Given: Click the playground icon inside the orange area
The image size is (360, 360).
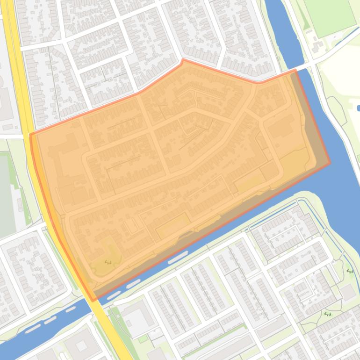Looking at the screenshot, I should coord(108,262).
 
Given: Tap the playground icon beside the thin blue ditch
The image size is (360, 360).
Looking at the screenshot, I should coord(350,271).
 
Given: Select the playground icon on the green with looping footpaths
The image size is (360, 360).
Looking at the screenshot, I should coord(328,314).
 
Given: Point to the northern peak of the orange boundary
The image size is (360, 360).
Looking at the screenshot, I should coord(183,60).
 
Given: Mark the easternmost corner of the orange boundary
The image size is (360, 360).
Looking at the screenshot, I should coord(330,163).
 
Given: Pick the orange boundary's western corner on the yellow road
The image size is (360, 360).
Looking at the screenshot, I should coord(31,135).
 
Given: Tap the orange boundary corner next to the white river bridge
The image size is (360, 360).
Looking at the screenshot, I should coord(295,70).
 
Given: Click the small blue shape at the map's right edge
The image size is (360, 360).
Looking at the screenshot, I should coord(358,108).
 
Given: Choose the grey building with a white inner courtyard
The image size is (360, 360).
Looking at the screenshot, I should coord(136,318).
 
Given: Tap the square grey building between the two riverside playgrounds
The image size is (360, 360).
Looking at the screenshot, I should coord(347,292).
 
